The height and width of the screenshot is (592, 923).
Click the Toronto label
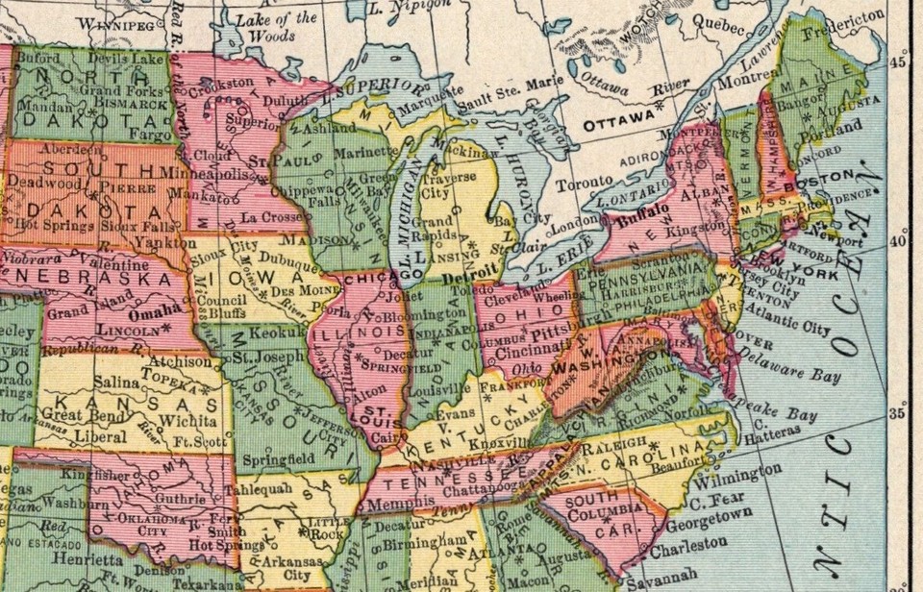click(586, 181)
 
